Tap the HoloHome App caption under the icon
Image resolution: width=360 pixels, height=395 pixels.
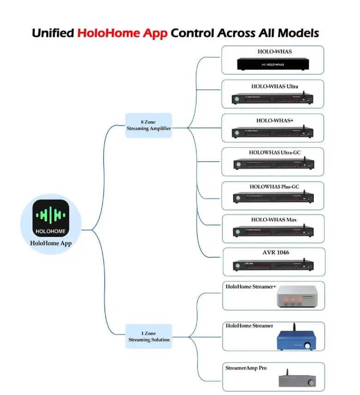pyautogui.click(x=51, y=243)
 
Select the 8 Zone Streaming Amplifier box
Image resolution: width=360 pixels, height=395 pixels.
pyautogui.click(x=149, y=125)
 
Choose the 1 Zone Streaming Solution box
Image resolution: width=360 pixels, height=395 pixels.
pyautogui.click(x=149, y=336)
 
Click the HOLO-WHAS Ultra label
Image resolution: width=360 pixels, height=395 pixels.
pyautogui.click(x=275, y=86)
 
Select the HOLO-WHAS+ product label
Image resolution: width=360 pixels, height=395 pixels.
pyautogui.click(x=275, y=121)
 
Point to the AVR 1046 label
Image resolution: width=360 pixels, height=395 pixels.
pyautogui.click(x=275, y=253)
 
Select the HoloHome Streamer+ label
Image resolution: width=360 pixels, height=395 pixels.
pyautogui.click(x=251, y=287)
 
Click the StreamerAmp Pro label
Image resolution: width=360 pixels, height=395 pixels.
pyautogui.click(x=246, y=368)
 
